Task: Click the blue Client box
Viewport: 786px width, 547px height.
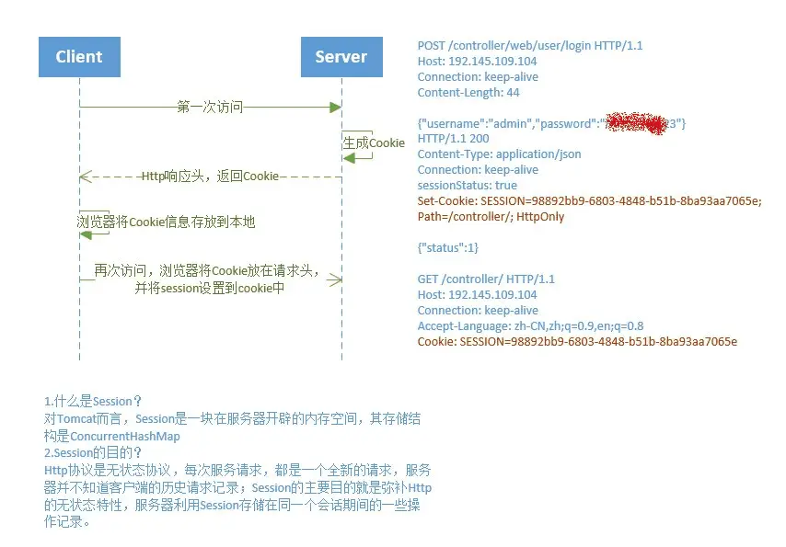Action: click(79, 57)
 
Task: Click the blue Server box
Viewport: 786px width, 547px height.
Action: click(341, 57)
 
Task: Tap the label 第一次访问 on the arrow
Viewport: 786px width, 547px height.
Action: click(210, 108)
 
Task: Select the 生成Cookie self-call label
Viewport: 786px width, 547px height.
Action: click(374, 143)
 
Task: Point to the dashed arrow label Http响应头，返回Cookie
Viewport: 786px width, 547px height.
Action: click(210, 176)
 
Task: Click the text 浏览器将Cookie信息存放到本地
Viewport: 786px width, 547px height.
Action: click(166, 221)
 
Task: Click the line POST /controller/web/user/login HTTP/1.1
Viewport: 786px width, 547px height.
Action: click(518, 46)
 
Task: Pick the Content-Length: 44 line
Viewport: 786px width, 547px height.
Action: click(468, 93)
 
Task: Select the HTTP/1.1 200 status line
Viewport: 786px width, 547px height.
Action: click(453, 139)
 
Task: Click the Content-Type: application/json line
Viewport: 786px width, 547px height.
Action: click(499, 154)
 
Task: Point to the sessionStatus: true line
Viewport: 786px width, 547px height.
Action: click(467, 186)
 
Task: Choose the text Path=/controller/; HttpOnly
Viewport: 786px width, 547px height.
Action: click(491, 217)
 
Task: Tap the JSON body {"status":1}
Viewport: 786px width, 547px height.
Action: click(448, 248)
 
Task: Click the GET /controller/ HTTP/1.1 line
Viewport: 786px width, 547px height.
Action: click(486, 279)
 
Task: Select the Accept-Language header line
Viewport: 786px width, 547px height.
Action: click(530, 326)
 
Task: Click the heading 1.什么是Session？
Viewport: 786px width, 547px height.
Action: click(93, 402)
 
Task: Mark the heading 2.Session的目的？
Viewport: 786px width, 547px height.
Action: click(94, 452)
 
